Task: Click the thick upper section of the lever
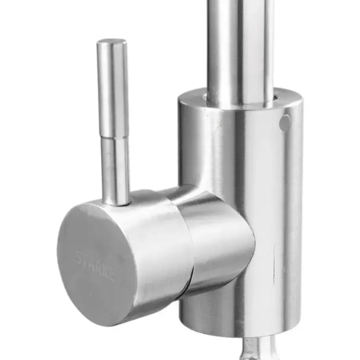tap(112, 90)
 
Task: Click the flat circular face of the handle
tap(94, 265)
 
